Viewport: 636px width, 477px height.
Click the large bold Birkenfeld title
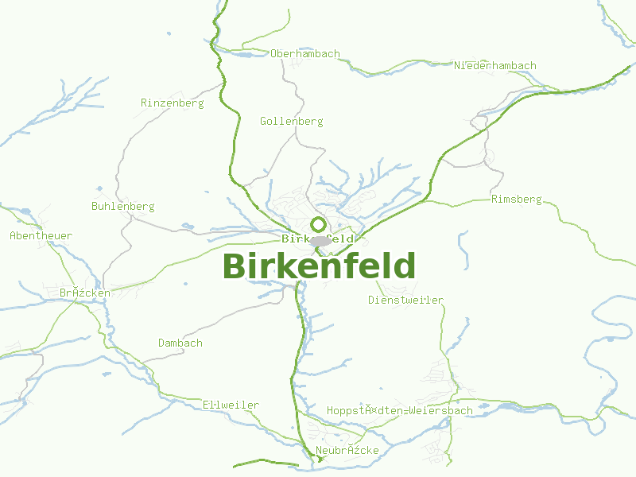coord(319,266)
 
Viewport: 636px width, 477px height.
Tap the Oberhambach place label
coord(305,54)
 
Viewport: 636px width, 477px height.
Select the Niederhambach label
coord(495,65)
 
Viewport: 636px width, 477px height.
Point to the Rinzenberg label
coord(173,103)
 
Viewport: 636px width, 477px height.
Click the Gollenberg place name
coord(292,122)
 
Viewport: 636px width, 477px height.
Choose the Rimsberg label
coord(517,199)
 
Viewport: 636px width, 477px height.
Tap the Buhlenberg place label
coord(123,207)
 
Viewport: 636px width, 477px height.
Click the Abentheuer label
coord(41,236)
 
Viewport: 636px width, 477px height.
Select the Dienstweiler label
coord(406,301)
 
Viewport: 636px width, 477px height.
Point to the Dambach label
coord(180,343)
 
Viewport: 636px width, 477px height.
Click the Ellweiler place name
coord(231,405)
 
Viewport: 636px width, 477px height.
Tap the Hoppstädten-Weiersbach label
coord(400,411)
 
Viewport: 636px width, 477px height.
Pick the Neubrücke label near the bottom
coord(347,452)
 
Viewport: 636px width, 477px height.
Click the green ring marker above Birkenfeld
coord(319,224)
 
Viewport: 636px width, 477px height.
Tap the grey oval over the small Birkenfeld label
coord(321,241)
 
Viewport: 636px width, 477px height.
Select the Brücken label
coord(85,293)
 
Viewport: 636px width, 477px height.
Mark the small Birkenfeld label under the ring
coord(318,239)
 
